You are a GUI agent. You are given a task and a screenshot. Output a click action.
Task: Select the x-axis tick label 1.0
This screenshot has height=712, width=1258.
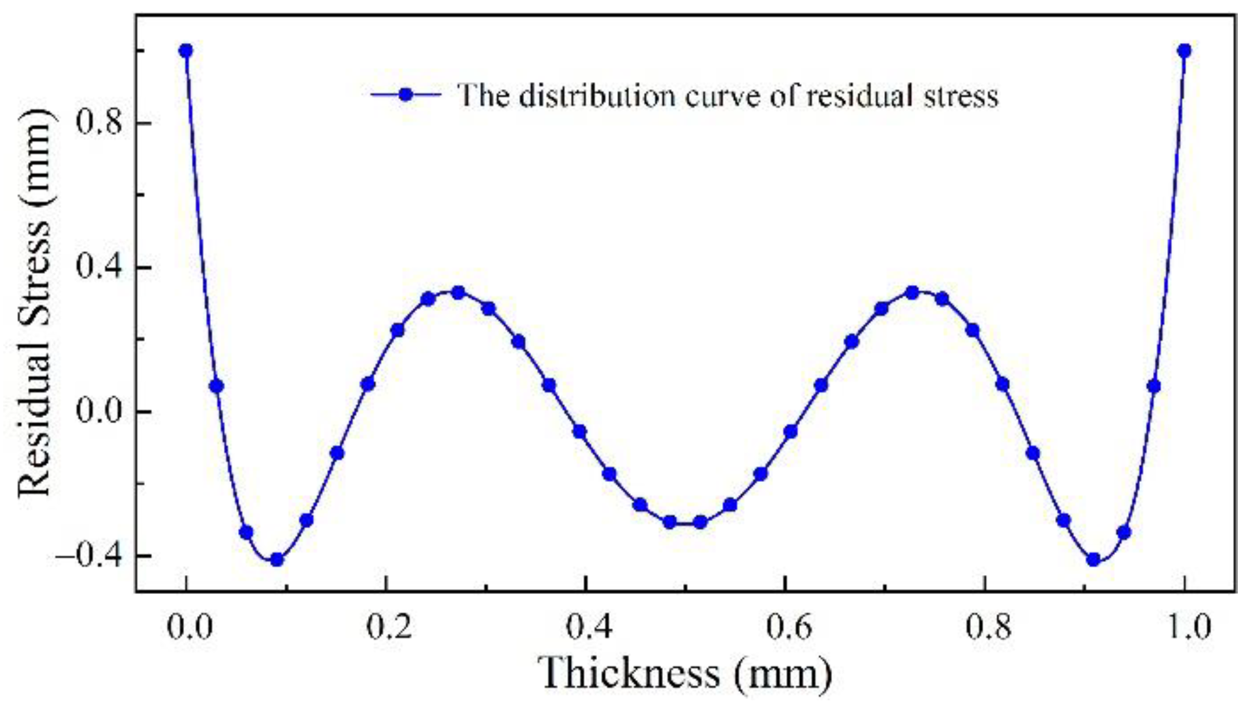(x=1187, y=627)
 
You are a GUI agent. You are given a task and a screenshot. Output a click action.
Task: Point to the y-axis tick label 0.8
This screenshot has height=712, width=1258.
(x=99, y=123)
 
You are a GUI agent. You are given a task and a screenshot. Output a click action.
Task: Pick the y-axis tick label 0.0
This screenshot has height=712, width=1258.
(x=99, y=412)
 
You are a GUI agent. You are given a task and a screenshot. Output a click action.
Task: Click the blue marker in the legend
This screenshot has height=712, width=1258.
(x=406, y=95)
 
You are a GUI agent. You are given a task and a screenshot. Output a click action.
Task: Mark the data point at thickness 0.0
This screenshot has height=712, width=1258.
(x=186, y=51)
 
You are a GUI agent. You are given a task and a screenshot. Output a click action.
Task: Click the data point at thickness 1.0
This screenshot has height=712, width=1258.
(x=1184, y=51)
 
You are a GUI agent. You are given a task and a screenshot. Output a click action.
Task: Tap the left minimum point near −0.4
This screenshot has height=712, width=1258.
(x=277, y=559)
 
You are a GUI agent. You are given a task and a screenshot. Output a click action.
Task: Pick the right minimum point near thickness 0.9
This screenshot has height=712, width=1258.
(x=1094, y=559)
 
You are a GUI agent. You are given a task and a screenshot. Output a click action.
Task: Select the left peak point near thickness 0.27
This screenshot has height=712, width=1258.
(x=458, y=293)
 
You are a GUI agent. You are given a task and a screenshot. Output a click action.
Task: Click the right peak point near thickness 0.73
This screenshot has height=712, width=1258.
(x=912, y=293)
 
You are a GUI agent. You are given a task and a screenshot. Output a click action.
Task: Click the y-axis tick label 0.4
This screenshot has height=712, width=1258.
(x=99, y=267)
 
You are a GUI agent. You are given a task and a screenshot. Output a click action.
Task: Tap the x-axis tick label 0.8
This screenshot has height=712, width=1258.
(x=988, y=627)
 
